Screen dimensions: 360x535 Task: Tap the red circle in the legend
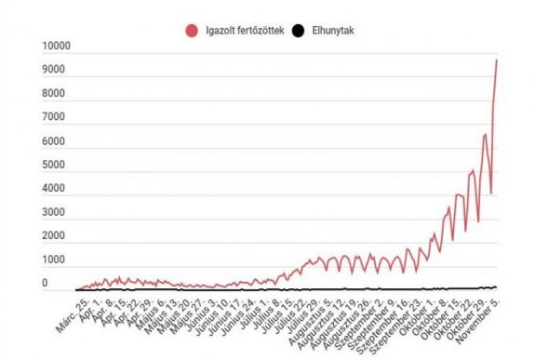coord(192,31)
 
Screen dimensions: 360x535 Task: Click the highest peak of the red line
coord(497,60)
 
